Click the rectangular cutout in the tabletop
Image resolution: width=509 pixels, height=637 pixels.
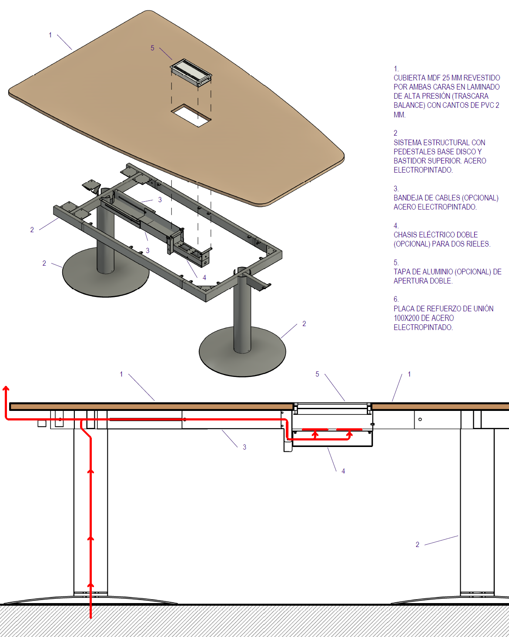[191, 115]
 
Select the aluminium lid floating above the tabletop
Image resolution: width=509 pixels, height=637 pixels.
[191, 73]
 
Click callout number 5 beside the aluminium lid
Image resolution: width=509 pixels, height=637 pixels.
[152, 48]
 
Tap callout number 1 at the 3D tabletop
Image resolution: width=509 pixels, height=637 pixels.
[50, 35]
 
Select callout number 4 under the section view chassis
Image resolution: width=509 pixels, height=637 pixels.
[343, 471]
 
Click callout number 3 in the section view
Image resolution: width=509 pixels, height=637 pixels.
[244, 447]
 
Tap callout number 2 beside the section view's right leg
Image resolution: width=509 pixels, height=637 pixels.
[418, 545]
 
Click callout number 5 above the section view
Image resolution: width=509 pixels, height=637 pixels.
[317, 374]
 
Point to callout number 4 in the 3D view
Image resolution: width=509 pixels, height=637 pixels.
[204, 278]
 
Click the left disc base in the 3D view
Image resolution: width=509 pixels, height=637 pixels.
[105, 272]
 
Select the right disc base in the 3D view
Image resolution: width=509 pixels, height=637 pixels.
[242, 352]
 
